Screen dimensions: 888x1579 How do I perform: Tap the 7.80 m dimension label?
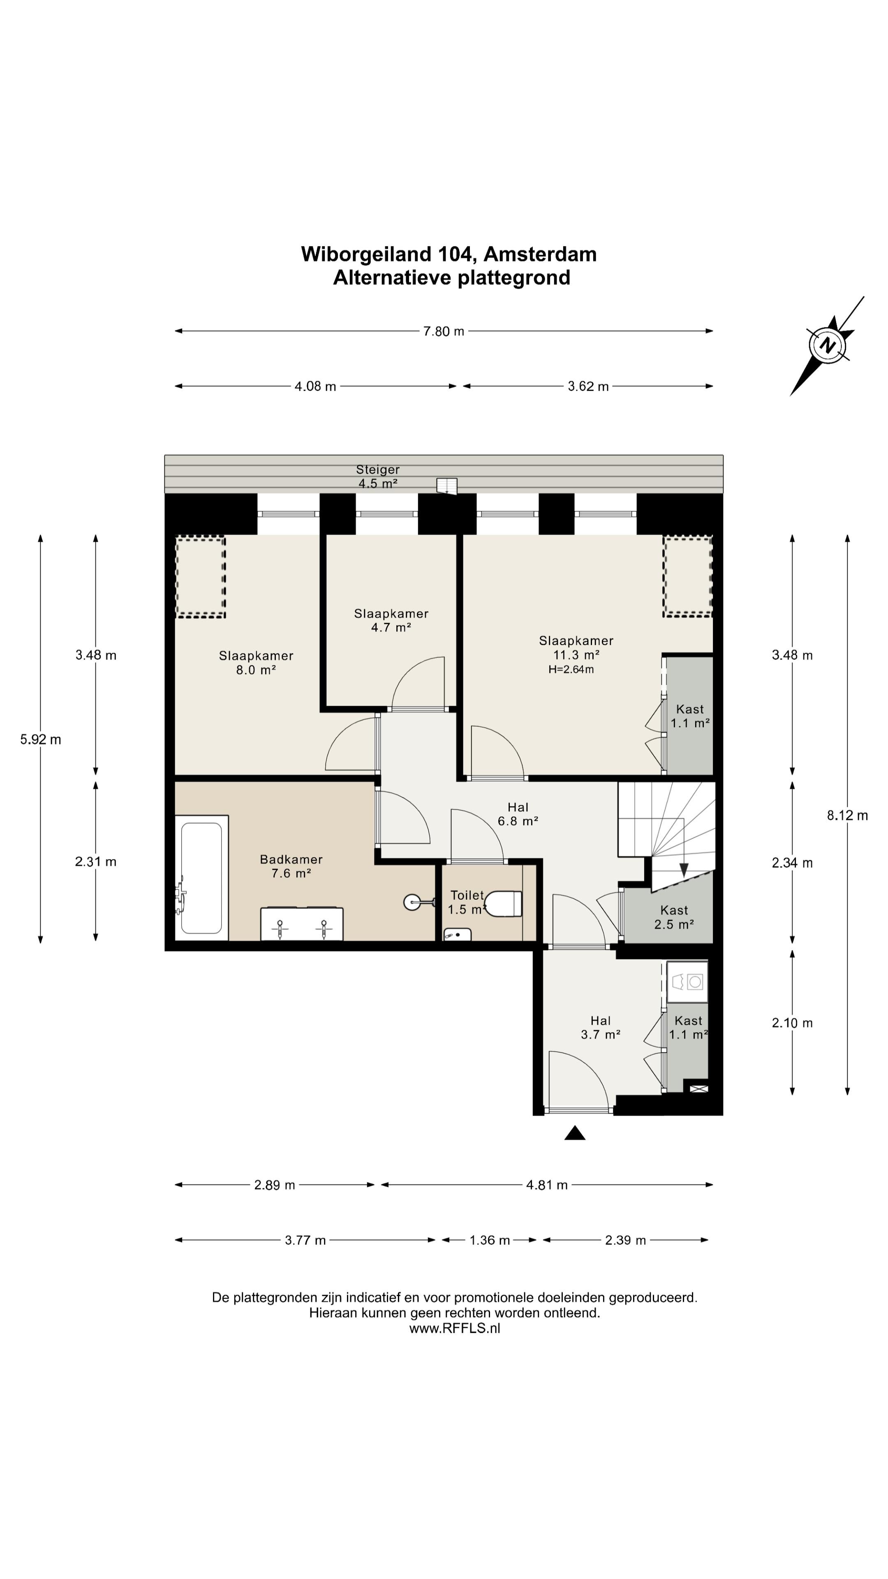(x=444, y=331)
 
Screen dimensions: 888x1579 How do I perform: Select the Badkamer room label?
(x=291, y=866)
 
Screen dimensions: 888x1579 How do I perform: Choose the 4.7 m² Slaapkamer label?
(x=391, y=620)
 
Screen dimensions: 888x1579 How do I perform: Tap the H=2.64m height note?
(x=571, y=669)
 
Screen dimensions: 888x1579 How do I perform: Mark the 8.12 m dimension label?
(x=848, y=815)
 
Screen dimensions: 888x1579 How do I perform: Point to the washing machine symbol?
(x=687, y=982)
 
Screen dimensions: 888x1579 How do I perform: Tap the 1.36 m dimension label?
(x=490, y=1241)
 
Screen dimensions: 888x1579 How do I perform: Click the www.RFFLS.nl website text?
(x=455, y=1328)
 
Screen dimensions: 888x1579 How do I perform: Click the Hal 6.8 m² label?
(x=518, y=814)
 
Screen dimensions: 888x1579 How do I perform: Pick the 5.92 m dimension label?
(x=40, y=739)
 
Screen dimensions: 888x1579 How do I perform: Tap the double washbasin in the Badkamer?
(x=301, y=924)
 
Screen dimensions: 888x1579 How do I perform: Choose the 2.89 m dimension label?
(x=275, y=1185)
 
